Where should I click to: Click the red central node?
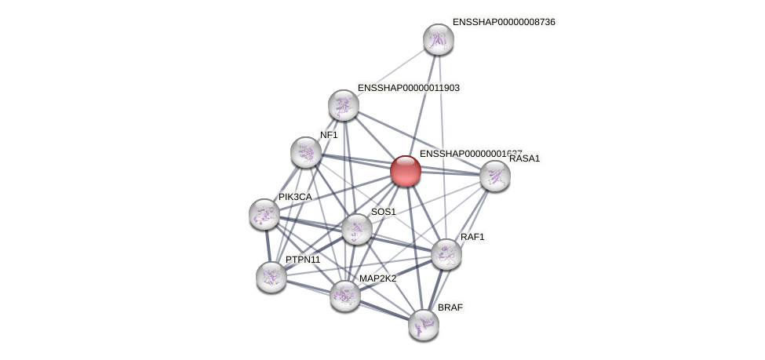coord(405,171)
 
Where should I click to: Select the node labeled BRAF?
coord(423,324)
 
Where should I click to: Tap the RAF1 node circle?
coord(446,254)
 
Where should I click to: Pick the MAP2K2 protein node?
coord(344,295)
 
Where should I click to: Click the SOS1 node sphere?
coord(356,229)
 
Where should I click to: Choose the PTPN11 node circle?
coord(271,276)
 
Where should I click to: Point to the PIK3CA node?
coord(264,213)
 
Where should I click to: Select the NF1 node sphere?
coord(305,152)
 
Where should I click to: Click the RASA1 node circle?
coord(494,176)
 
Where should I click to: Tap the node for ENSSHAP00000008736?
coord(438,39)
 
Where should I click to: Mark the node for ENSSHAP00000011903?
coord(343,105)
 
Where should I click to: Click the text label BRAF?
coord(450,307)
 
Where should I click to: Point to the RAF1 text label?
coord(472,237)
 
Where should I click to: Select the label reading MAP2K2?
coord(377,278)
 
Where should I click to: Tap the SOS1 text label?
coord(384,212)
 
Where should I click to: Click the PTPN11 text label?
coord(303,260)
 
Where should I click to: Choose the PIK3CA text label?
coord(295,197)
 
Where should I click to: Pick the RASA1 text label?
coord(524,158)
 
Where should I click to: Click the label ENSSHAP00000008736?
coord(504,22)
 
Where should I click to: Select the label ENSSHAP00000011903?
coord(408,88)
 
